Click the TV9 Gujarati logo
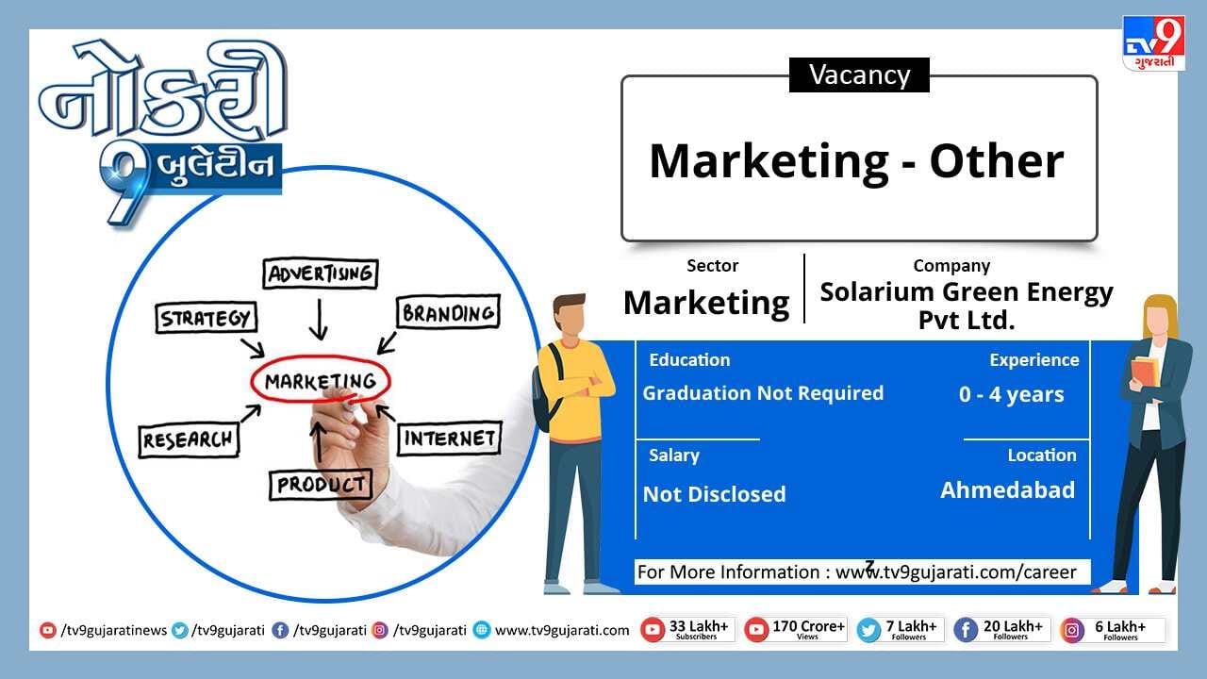coord(1153,43)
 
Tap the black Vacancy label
coord(859,75)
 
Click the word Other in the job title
coord(997,161)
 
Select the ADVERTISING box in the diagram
coord(321,273)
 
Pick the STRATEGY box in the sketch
coord(206,318)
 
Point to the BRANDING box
coord(448,312)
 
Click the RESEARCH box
coord(189,440)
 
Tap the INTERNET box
coord(450,439)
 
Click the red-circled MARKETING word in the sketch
coord(321,381)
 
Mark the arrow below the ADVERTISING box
coord(319,319)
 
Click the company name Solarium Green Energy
coord(967,292)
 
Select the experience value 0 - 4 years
coord(1012,394)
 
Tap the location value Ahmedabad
coord(1008,489)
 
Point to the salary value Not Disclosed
coord(715,494)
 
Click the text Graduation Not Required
coord(763,393)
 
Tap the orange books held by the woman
coord(1144,372)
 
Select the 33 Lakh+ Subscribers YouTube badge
coord(687,629)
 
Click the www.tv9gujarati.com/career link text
coord(955,571)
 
